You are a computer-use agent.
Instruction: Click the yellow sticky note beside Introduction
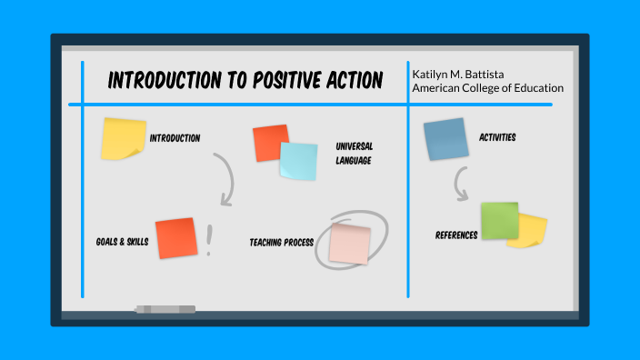(123, 138)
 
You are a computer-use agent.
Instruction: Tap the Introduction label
(175, 138)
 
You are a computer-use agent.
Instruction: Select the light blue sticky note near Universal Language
(298, 161)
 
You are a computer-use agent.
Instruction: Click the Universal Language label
(354, 153)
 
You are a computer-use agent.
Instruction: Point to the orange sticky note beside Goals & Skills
(175, 238)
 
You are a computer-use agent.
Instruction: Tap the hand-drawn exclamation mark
(209, 240)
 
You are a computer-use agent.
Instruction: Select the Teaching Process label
(281, 243)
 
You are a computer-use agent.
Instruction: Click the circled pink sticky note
(350, 244)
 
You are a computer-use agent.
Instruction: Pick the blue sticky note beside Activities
(445, 139)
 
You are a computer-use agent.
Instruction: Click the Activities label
(497, 138)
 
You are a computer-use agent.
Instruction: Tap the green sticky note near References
(499, 220)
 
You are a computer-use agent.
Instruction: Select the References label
(456, 235)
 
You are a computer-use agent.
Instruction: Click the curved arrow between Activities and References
(461, 187)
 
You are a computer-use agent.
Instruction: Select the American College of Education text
(487, 88)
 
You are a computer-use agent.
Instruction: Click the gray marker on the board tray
(165, 309)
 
